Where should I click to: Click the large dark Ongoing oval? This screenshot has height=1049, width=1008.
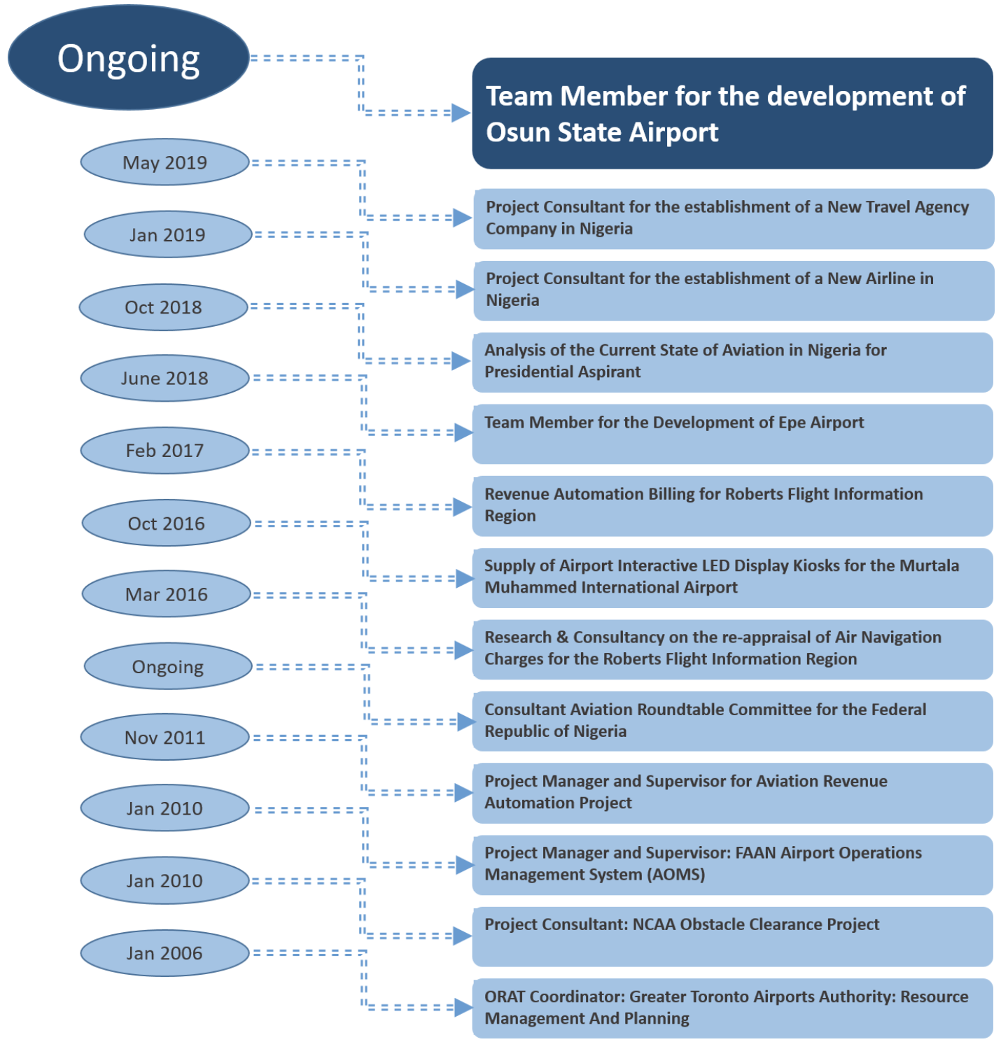(129, 57)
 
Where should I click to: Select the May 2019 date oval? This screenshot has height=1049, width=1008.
(165, 162)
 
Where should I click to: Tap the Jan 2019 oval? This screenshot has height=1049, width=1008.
(168, 234)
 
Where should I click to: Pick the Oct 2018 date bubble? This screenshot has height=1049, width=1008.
(164, 307)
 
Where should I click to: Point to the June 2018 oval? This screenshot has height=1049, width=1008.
(165, 378)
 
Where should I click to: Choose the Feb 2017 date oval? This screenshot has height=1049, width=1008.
(165, 451)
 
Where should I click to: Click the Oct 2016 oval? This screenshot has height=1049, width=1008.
(167, 523)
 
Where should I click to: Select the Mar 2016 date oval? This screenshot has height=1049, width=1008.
(167, 594)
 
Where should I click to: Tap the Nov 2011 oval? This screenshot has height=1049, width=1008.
(165, 737)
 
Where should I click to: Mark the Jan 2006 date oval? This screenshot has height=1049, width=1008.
(165, 952)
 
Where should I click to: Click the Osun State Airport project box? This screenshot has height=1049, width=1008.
(733, 113)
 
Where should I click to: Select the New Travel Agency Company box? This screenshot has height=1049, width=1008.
(734, 218)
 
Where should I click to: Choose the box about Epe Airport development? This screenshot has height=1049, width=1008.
(733, 434)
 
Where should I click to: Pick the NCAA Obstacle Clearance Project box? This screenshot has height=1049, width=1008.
(733, 936)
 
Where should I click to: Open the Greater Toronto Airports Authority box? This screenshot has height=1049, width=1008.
(733, 1008)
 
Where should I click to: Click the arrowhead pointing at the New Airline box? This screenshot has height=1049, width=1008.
(465, 289)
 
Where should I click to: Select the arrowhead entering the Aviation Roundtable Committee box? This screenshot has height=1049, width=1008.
(466, 721)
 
